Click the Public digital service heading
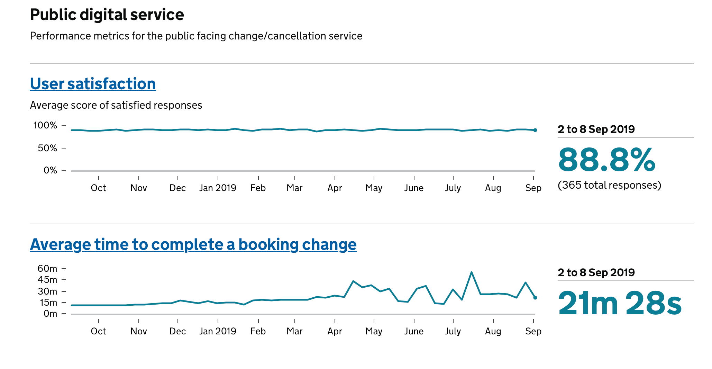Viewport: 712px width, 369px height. click(107, 15)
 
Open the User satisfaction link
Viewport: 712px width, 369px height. click(93, 84)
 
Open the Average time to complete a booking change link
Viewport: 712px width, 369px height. click(193, 244)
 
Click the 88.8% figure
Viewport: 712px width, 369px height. click(607, 160)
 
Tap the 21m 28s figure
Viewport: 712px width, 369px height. click(620, 304)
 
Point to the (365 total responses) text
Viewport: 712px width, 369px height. click(609, 185)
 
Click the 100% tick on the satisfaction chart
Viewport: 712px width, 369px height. click(45, 125)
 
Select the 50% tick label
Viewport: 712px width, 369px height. click(47, 148)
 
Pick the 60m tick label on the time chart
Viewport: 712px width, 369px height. click(47, 269)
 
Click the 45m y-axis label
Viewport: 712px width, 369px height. click(47, 280)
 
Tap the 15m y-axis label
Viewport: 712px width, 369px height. click(48, 303)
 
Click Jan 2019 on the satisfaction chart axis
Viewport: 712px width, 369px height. click(218, 188)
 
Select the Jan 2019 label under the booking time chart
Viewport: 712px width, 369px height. click(218, 331)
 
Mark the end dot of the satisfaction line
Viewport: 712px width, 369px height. click(535, 130)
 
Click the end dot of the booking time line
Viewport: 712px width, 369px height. click(535, 298)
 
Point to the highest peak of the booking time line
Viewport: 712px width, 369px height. click(471, 272)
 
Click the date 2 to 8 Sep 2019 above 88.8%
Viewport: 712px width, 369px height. click(596, 129)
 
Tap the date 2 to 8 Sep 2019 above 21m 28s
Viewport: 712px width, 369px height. click(596, 273)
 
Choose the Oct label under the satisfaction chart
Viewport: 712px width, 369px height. click(98, 188)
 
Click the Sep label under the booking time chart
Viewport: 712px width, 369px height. click(533, 331)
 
